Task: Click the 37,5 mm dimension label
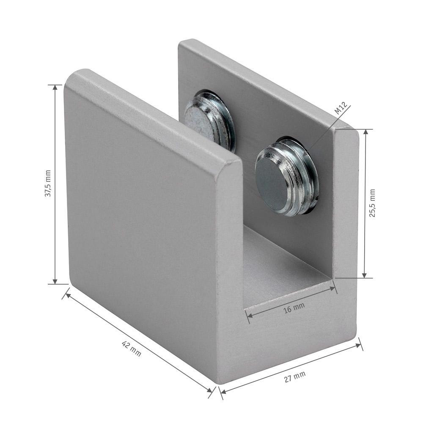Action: [x=48, y=183]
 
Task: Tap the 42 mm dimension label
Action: [x=132, y=349]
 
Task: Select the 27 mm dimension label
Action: [x=295, y=376]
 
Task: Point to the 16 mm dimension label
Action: [x=294, y=308]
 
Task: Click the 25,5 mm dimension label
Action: [x=372, y=203]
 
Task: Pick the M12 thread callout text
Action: [x=340, y=107]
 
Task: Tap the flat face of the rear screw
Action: [x=198, y=123]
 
